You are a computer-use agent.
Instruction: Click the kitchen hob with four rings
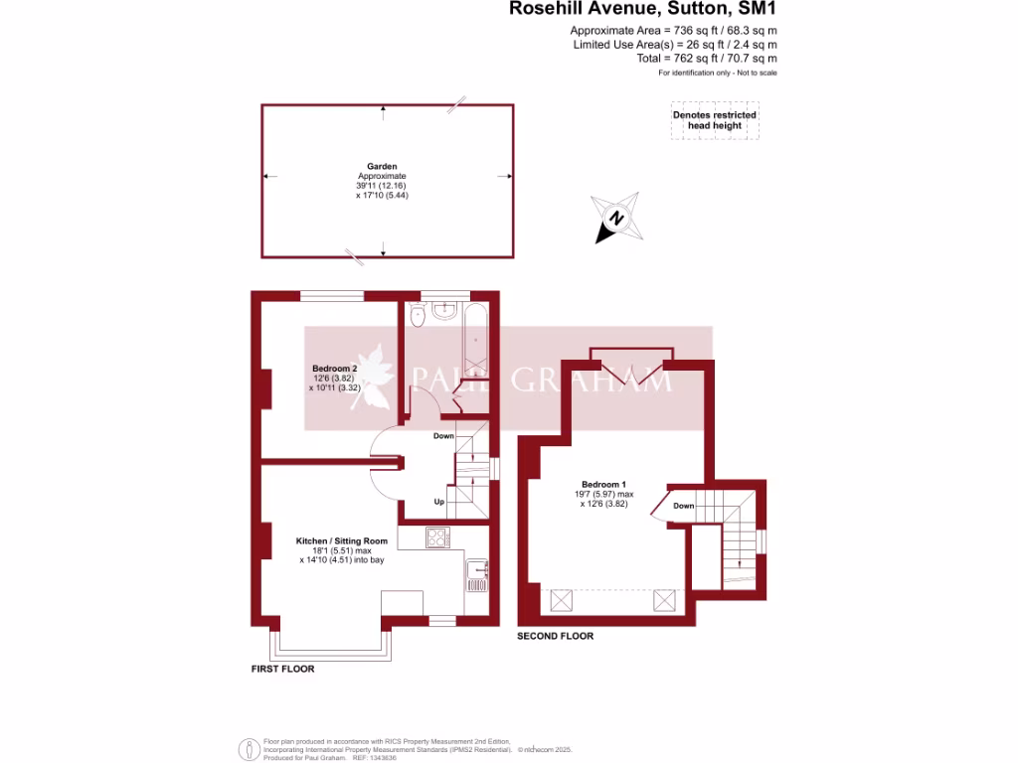click(437, 537)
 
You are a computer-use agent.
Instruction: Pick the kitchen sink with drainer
click(476, 575)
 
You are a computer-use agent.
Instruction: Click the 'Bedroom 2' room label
click(334, 369)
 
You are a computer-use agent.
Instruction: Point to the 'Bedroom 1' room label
click(603, 484)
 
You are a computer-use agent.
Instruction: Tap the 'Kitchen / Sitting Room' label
click(342, 540)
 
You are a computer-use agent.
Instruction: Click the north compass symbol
click(616, 219)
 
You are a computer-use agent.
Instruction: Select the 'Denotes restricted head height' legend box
click(714, 120)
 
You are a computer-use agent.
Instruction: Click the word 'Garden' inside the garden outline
click(382, 167)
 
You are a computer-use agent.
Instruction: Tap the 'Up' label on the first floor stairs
click(438, 502)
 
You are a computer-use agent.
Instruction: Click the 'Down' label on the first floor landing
click(443, 436)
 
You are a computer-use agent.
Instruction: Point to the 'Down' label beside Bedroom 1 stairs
click(684, 506)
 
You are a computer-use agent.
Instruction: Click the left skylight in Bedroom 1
click(560, 600)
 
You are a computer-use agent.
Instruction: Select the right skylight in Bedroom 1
click(664, 600)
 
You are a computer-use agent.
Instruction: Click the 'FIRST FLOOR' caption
click(282, 669)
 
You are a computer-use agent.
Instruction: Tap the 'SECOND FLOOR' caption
click(555, 636)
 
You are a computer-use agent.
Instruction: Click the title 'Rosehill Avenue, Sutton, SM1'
click(642, 9)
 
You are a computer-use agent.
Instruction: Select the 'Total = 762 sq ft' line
click(707, 59)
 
